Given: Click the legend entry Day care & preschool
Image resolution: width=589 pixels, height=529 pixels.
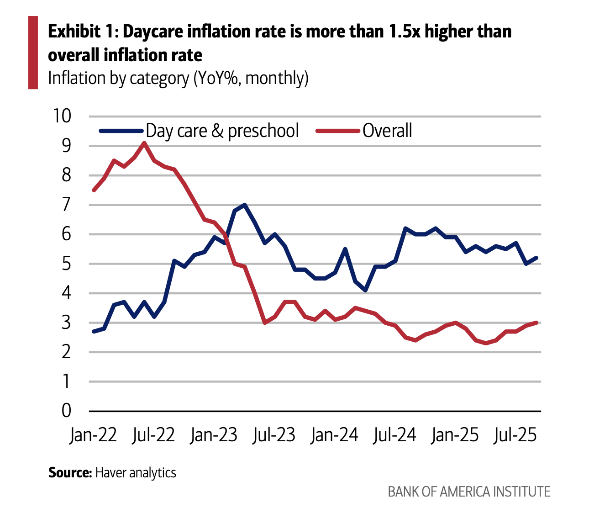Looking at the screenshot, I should [x=222, y=131].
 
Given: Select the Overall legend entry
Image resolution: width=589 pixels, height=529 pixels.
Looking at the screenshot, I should [x=387, y=131].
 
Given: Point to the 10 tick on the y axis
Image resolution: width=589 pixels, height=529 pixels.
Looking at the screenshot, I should [x=62, y=116].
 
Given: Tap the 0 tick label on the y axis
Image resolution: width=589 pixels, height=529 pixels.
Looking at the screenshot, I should [x=67, y=411].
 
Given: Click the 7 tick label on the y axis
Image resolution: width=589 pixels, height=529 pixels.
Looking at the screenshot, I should [x=67, y=205].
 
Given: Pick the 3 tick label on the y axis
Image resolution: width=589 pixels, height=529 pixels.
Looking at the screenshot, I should [x=67, y=323].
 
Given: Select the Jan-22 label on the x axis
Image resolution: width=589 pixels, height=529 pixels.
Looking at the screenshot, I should [x=93, y=435].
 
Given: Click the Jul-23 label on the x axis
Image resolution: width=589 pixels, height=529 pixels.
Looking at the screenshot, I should [x=273, y=435].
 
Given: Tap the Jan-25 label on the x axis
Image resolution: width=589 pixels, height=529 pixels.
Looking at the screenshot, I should [x=455, y=435].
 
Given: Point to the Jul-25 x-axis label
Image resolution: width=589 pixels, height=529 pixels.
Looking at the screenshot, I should [x=515, y=435].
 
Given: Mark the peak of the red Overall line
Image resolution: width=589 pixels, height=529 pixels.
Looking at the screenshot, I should [x=144, y=143].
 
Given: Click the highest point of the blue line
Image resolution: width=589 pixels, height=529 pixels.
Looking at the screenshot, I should [x=245, y=205].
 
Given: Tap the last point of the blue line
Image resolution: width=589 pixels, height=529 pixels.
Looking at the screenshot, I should [x=536, y=258].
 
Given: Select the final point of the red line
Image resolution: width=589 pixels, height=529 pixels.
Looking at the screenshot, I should [x=536, y=323].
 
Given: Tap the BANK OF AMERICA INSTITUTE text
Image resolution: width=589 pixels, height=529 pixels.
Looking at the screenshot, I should [x=469, y=492].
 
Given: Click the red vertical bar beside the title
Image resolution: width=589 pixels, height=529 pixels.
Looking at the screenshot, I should [x=33, y=53].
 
